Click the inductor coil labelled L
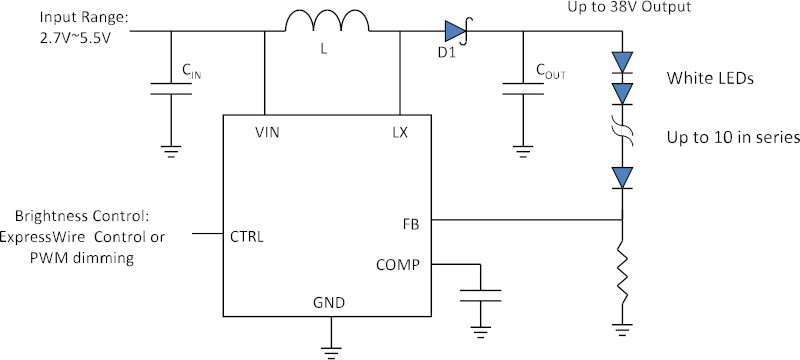point(327,22)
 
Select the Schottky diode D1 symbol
point(456,31)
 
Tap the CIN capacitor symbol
point(171,89)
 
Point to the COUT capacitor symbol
point(522,89)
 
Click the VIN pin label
point(267,133)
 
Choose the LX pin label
point(399,133)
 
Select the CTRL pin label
point(247,237)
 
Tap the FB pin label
point(411,224)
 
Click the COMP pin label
point(398,265)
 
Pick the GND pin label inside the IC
point(329,303)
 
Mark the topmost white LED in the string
point(622,63)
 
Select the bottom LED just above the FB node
point(622,178)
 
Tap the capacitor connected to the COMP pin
point(480,295)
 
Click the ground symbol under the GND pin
point(331,352)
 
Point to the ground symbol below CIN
point(171,152)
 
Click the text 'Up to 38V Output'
point(629,7)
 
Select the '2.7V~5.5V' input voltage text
point(75,38)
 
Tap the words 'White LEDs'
point(710,79)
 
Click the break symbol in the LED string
point(622,131)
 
